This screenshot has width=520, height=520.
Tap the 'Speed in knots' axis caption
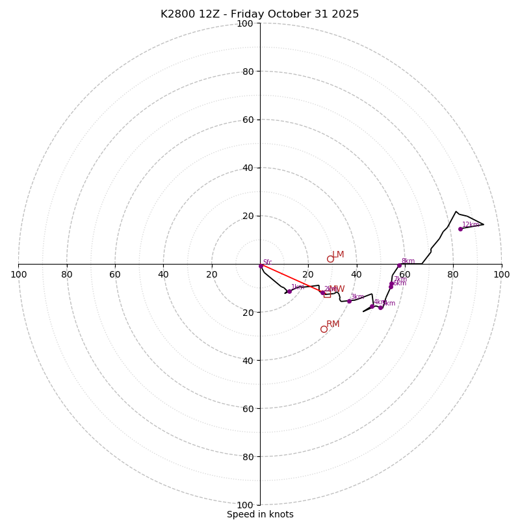click(x=260, y=514)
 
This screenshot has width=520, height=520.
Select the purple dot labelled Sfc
click(x=261, y=266)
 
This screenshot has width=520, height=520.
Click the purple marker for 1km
click(x=289, y=291)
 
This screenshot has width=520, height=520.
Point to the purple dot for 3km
click(x=349, y=301)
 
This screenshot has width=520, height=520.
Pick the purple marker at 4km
click(x=372, y=306)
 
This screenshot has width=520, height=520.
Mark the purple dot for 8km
click(x=399, y=265)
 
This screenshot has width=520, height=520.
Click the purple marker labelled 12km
click(x=460, y=229)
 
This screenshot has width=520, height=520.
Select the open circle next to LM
click(x=330, y=259)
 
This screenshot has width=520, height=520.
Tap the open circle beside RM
click(x=324, y=329)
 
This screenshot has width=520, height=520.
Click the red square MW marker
click(x=327, y=294)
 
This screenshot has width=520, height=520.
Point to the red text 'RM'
click(x=333, y=324)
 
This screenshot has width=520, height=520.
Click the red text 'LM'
click(x=338, y=255)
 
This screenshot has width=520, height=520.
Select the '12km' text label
click(x=470, y=225)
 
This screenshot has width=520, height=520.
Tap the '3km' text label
click(x=357, y=297)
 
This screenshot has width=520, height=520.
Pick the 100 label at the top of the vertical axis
click(x=245, y=23)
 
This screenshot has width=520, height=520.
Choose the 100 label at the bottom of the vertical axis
click(x=245, y=505)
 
